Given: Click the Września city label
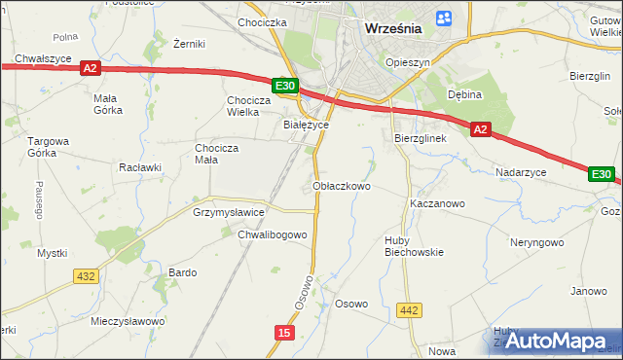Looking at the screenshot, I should point(393,28).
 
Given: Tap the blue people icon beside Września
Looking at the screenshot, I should point(445,18).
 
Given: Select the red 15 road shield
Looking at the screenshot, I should point(282,333).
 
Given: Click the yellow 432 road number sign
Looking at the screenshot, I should point(85,276).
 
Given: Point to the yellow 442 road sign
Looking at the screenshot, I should point(410,310).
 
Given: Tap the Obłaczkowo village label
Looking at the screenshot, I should point(341,185).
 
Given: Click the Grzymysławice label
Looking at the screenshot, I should point(230,211).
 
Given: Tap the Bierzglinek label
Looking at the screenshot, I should point(420,138).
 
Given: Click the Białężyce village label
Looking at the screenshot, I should point(305,125).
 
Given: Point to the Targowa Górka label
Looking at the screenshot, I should point(49,147).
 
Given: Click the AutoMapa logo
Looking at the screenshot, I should point(556,341).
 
